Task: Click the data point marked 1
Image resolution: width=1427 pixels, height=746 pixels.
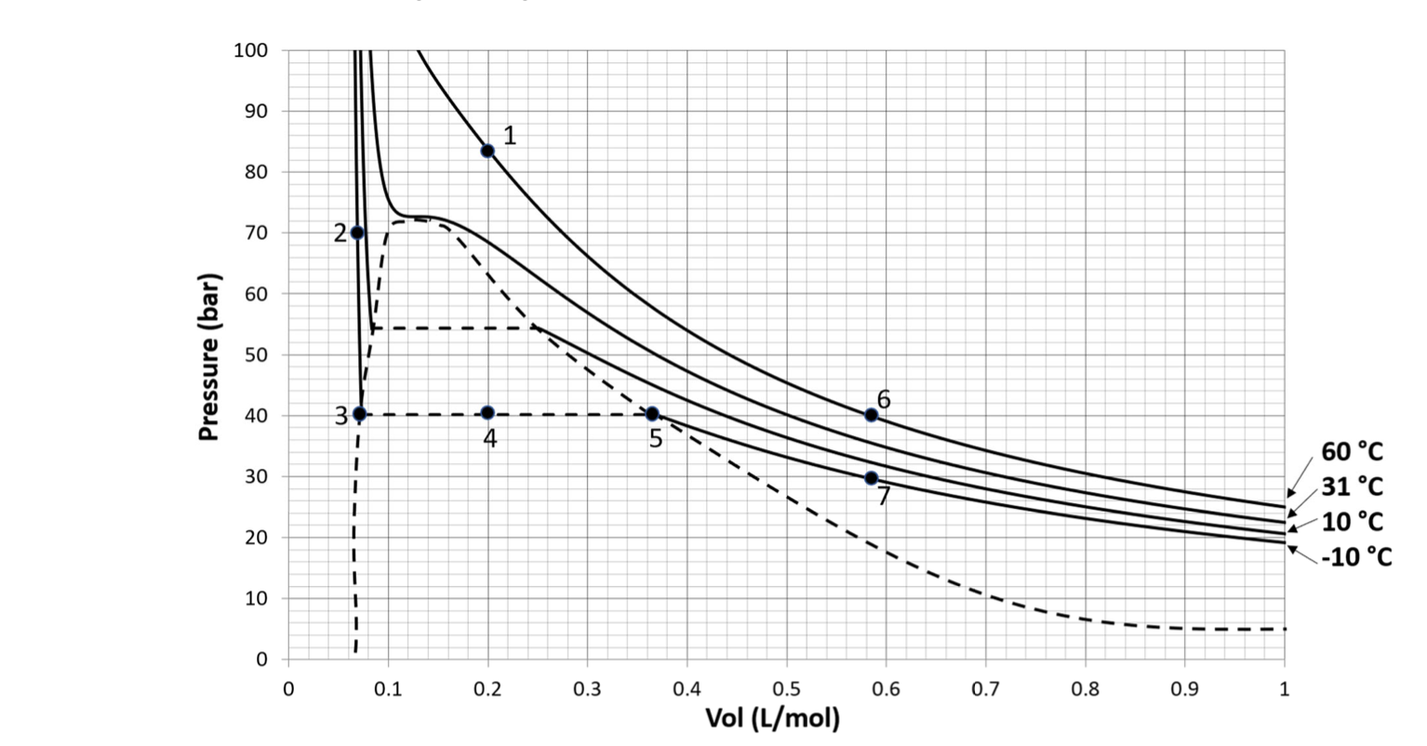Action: click(x=487, y=151)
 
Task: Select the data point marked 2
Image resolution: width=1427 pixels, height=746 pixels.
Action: click(x=357, y=233)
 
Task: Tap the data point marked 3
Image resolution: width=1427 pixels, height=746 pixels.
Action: click(x=360, y=414)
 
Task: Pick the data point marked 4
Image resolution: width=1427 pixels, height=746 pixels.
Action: click(x=487, y=413)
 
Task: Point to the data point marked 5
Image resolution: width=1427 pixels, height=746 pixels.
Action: click(x=652, y=414)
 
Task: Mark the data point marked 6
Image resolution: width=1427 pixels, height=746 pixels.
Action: click(x=871, y=415)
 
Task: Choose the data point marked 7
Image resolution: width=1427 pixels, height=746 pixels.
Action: click(x=871, y=478)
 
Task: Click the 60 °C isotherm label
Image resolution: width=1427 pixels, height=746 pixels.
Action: click(x=1352, y=452)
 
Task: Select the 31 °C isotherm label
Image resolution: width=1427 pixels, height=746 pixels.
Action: click(x=1352, y=486)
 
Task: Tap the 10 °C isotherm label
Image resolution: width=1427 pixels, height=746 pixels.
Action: click(x=1352, y=521)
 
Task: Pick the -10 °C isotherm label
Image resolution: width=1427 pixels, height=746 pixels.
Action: click(x=1355, y=556)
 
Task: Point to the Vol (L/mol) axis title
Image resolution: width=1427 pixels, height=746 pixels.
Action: click(x=772, y=718)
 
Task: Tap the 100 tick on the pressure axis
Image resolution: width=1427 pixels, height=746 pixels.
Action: click(x=250, y=50)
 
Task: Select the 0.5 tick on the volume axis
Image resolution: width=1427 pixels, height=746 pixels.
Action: click(x=786, y=689)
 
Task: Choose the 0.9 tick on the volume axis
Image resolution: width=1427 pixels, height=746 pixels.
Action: click(x=1184, y=689)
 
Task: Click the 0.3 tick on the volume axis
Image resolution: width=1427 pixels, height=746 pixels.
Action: click(x=587, y=689)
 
